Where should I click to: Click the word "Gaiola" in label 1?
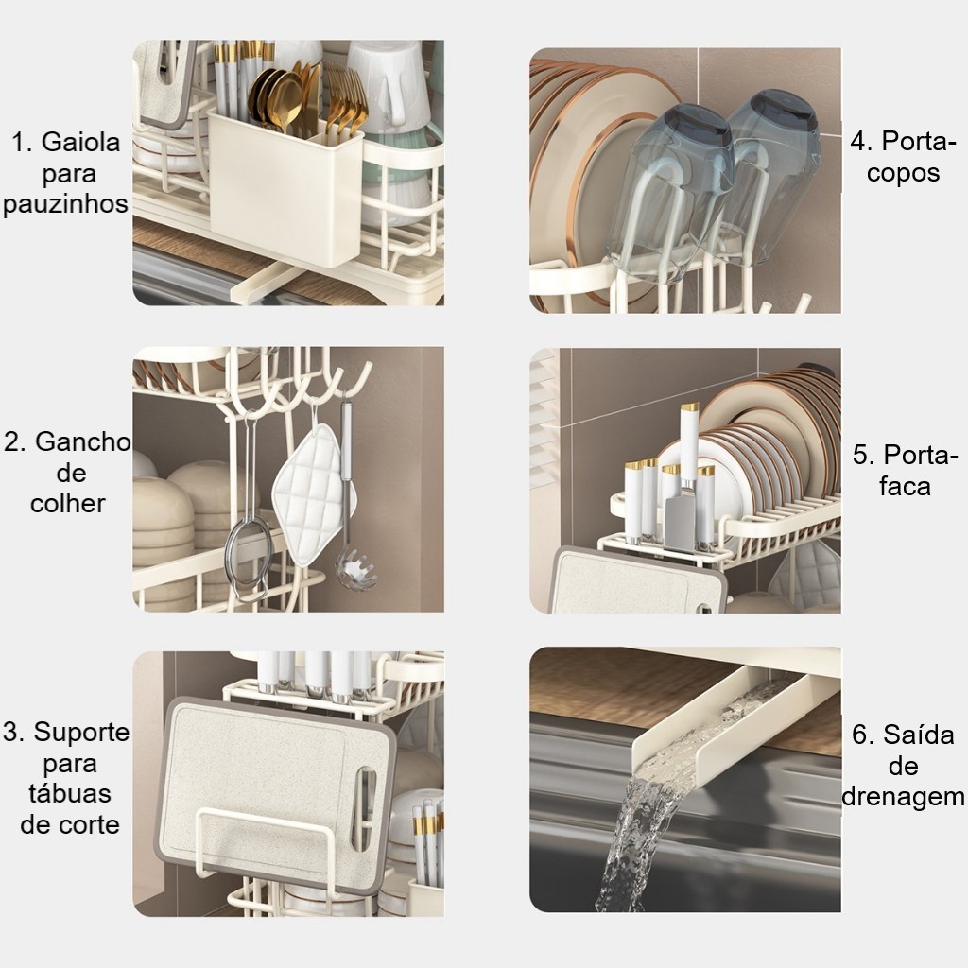[x=81, y=143]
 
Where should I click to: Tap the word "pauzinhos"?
[x=65, y=204]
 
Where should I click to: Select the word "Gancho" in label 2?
[x=83, y=442]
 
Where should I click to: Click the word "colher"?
[x=68, y=503]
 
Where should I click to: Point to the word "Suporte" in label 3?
[x=81, y=733]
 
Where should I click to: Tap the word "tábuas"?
[x=70, y=793]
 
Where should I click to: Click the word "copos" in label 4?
[x=903, y=174]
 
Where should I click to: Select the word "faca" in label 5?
[x=905, y=486]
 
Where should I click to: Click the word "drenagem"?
[x=903, y=797]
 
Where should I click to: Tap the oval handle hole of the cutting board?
[x=362, y=808]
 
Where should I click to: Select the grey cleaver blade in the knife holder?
[x=681, y=524]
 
